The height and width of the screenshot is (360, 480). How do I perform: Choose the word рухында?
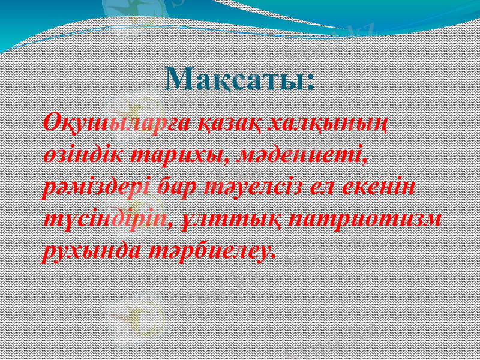click(92, 251)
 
